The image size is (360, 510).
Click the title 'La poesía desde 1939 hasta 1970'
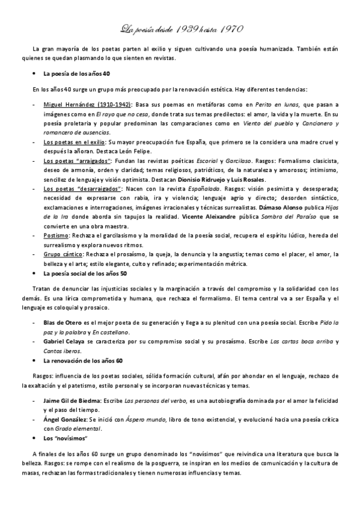click(179, 28)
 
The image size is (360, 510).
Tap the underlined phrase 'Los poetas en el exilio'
click(69, 142)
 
